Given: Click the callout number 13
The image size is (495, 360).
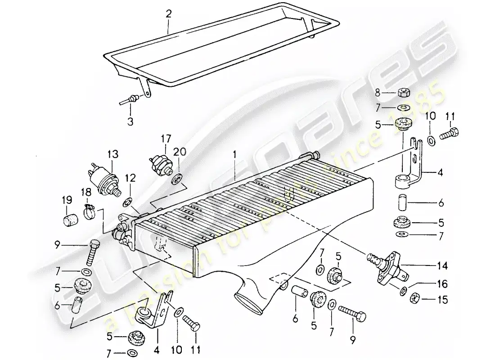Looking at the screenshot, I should (x=112, y=154).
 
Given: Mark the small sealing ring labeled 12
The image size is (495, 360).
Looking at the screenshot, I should (x=127, y=201).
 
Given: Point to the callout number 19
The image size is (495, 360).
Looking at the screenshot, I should (x=67, y=199).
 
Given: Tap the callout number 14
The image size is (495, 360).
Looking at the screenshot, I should (x=444, y=266).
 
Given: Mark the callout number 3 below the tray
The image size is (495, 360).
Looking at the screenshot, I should (x=131, y=121).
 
